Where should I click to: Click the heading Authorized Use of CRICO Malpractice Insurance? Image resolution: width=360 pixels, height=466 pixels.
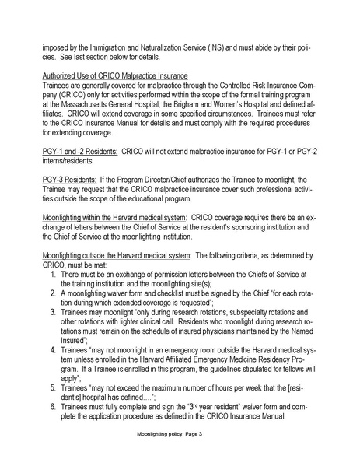pyautogui.click(x=125, y=75)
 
